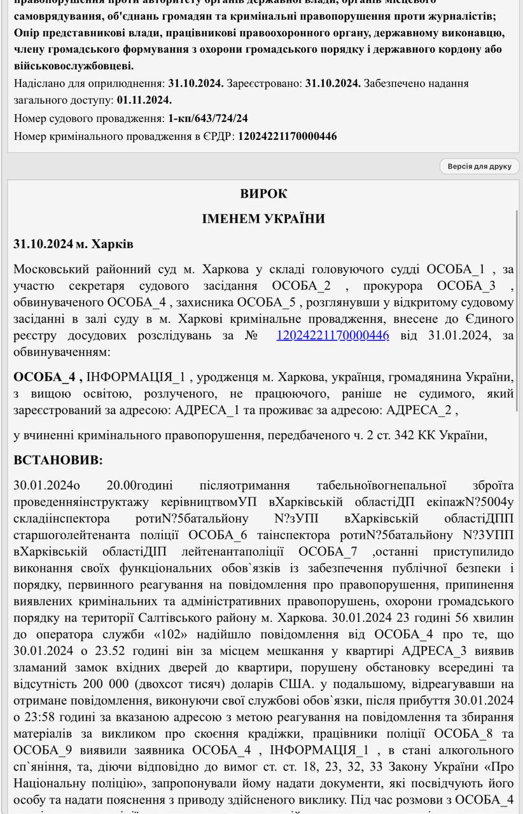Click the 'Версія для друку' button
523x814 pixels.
pos(479,167)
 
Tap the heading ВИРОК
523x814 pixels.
pos(263,194)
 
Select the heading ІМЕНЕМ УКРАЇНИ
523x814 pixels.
pos(263,219)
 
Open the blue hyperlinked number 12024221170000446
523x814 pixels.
pos(332,335)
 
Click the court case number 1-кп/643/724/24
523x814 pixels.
pos(208,118)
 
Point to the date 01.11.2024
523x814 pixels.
pos(144,100)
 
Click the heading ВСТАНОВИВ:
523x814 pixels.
pos(58,460)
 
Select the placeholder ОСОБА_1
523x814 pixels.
pos(456,269)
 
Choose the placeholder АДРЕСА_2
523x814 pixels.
pos(421,410)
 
